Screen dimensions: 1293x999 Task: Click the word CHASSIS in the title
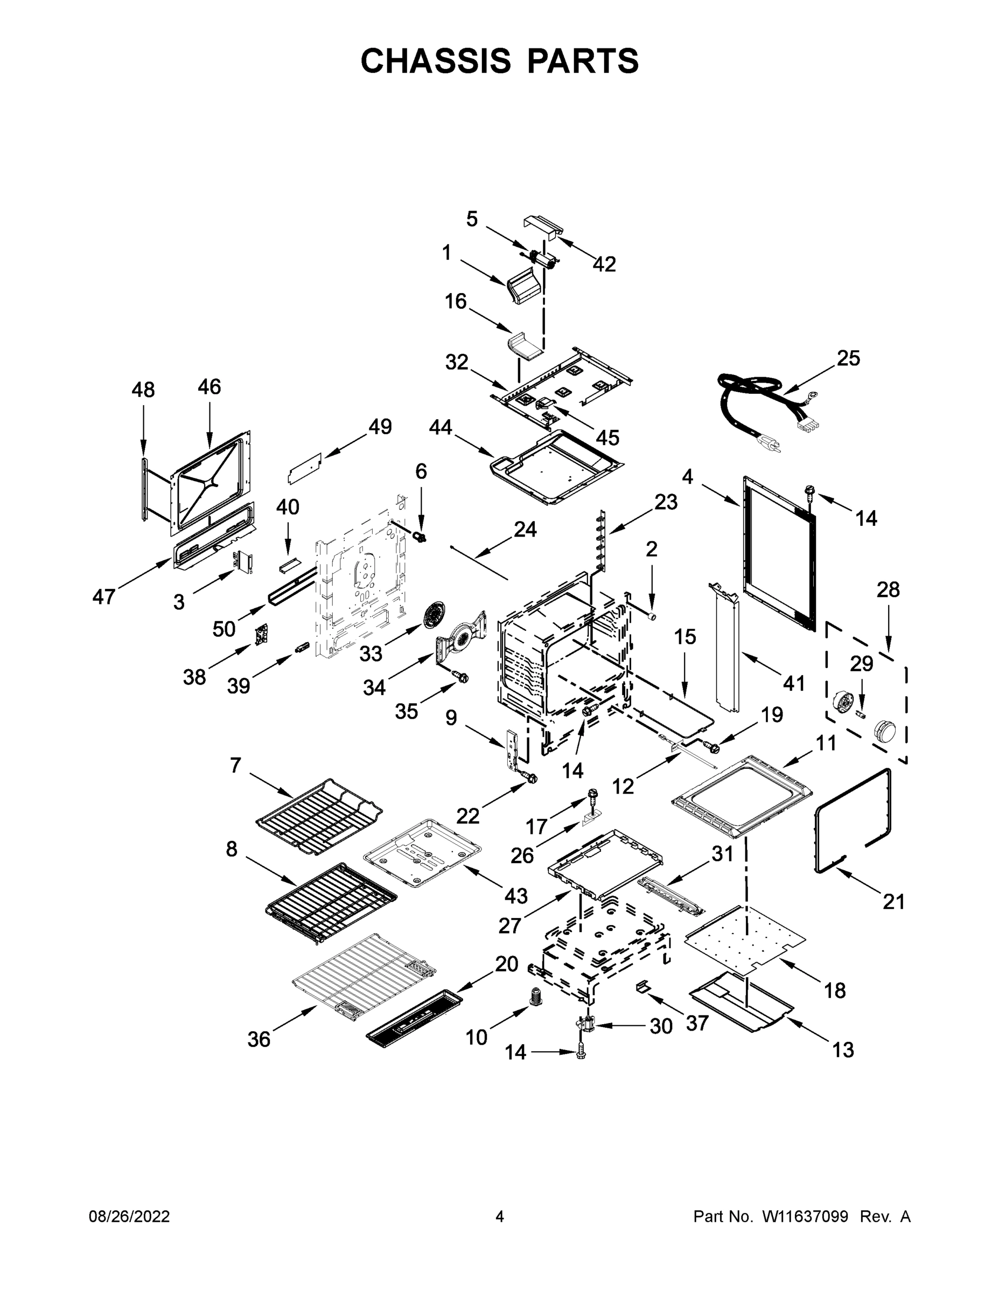coord(436,60)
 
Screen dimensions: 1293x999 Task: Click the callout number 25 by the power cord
coord(848,358)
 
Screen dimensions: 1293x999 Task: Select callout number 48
coord(143,390)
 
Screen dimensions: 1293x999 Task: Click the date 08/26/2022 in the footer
coord(129,1216)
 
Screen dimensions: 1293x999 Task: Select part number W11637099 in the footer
coord(804,1216)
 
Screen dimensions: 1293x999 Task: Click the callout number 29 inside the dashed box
coord(861,664)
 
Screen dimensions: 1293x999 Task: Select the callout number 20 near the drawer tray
coord(507,964)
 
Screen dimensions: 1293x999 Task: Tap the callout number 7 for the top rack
coord(235,766)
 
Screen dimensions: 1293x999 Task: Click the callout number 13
coord(843,1049)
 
